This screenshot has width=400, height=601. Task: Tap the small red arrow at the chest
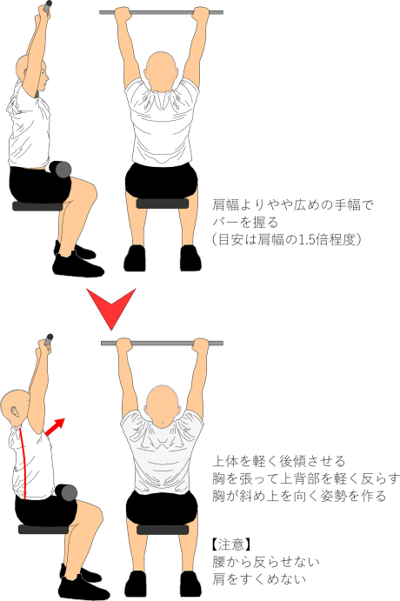(x=55, y=426)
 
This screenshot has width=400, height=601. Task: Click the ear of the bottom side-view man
(x=15, y=412)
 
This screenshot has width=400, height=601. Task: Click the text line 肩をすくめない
(x=259, y=578)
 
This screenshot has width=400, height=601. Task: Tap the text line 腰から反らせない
(x=266, y=562)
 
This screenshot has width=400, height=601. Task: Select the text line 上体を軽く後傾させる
(x=279, y=461)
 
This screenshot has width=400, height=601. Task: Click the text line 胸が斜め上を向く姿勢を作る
(x=299, y=496)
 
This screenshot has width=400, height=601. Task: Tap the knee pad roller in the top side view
(x=61, y=170)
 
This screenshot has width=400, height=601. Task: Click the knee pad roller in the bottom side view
(x=66, y=493)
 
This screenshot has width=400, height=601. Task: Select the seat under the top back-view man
(x=163, y=204)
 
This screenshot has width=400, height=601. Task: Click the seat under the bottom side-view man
(x=43, y=530)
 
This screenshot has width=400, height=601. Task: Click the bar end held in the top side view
(x=47, y=6)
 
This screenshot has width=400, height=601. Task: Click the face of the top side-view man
(x=43, y=77)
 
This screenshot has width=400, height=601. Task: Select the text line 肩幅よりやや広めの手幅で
(x=293, y=205)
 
